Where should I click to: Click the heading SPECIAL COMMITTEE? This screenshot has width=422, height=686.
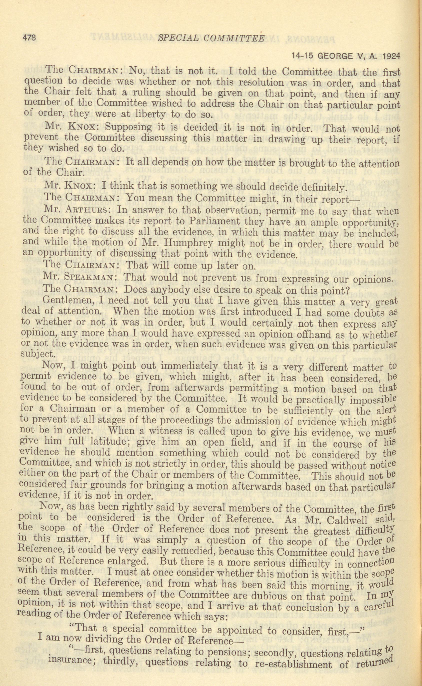(211, 38)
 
